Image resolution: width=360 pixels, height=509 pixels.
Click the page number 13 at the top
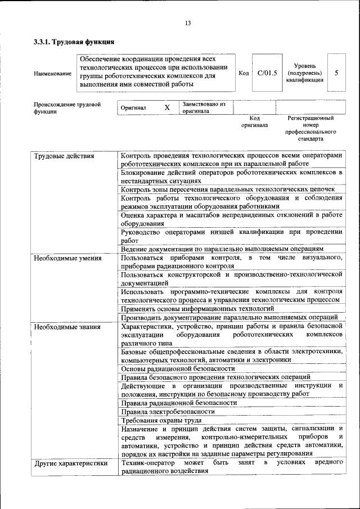click(188, 23)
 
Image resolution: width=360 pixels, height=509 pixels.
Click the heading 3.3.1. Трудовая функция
click(74, 42)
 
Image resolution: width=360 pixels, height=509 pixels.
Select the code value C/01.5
click(267, 73)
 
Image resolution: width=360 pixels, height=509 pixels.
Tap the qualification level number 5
click(336, 73)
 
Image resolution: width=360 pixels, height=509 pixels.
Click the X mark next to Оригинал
click(167, 107)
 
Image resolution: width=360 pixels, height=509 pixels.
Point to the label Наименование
click(52, 74)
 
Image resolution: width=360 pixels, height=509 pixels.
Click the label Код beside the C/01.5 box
click(244, 73)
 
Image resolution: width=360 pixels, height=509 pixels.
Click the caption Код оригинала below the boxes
click(254, 121)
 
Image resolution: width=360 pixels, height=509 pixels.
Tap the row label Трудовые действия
click(64, 156)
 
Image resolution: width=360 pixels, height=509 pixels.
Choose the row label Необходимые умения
click(67, 258)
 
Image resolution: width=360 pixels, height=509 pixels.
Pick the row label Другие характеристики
click(71, 463)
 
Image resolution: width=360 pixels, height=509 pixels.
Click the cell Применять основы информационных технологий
click(197, 308)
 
